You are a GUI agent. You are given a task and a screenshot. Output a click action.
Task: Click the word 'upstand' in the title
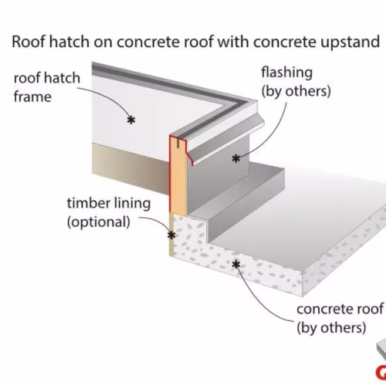[x=350, y=42]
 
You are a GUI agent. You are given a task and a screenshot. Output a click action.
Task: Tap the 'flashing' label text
[x=287, y=73]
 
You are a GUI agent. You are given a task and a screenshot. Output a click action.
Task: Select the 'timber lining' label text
[x=109, y=203]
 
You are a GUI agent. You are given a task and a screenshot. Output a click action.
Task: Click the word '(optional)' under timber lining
[x=99, y=222]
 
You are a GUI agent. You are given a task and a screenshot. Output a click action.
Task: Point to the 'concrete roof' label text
[x=340, y=309]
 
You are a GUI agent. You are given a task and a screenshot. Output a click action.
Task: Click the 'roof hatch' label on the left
[x=47, y=78]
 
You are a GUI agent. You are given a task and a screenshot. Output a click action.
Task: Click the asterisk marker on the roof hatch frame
[x=131, y=120]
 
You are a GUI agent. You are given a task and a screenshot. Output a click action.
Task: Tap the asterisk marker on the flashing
[x=236, y=158]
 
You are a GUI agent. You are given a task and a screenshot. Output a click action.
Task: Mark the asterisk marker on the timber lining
[x=171, y=235]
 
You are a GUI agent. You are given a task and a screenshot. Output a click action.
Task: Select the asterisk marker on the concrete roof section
[x=235, y=265]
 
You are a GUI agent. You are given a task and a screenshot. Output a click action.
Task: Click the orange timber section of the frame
[x=178, y=178]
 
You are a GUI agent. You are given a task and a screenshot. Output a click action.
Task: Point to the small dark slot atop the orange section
[x=178, y=143]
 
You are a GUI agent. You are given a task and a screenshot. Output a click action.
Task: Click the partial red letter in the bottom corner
[x=381, y=373]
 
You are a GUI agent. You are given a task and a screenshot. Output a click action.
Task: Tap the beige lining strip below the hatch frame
[x=130, y=168]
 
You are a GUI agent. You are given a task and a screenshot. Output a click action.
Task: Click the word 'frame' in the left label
[x=32, y=97]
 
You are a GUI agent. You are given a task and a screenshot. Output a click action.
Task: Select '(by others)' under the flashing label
[x=296, y=91]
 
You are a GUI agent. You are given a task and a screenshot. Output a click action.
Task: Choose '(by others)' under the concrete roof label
[x=331, y=328]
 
